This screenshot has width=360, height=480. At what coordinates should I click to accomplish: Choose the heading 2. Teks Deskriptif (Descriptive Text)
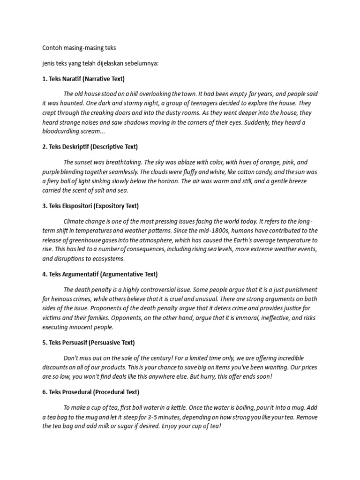point(90,147)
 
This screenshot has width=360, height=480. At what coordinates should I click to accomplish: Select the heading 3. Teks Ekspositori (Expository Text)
point(90,206)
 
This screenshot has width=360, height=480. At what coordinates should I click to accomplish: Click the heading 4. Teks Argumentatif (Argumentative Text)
point(100,274)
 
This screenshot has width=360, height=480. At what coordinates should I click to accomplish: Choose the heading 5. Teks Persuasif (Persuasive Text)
point(88,342)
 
